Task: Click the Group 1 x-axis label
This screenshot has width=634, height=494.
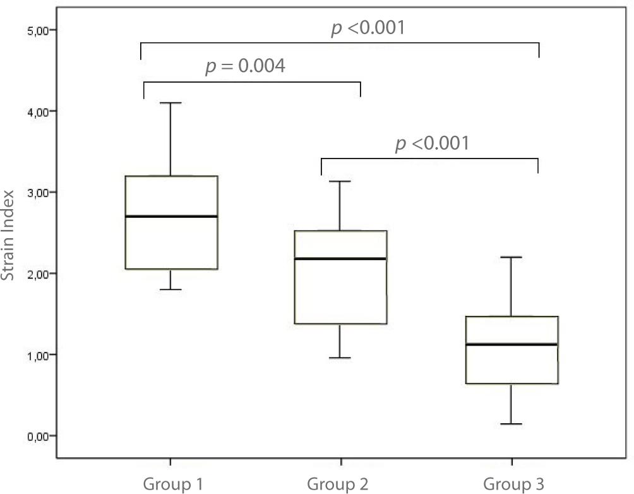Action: pyautogui.click(x=172, y=485)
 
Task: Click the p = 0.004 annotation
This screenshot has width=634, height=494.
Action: pyautogui.click(x=245, y=66)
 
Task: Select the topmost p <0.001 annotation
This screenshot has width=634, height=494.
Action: pyautogui.click(x=368, y=28)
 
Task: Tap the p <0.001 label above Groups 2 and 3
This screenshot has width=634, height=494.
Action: pyautogui.click(x=433, y=143)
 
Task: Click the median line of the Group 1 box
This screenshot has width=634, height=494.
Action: pyautogui.click(x=172, y=216)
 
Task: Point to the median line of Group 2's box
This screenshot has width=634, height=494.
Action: pyautogui.click(x=340, y=258)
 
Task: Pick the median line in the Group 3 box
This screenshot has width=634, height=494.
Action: pyautogui.click(x=511, y=344)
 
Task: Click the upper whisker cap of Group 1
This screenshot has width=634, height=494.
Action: pyautogui.click(x=170, y=102)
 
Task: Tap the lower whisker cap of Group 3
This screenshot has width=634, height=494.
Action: pyautogui.click(x=511, y=424)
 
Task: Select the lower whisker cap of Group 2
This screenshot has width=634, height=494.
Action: pyautogui.click(x=340, y=358)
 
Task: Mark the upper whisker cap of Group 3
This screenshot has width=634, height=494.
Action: pyautogui.click(x=511, y=257)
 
